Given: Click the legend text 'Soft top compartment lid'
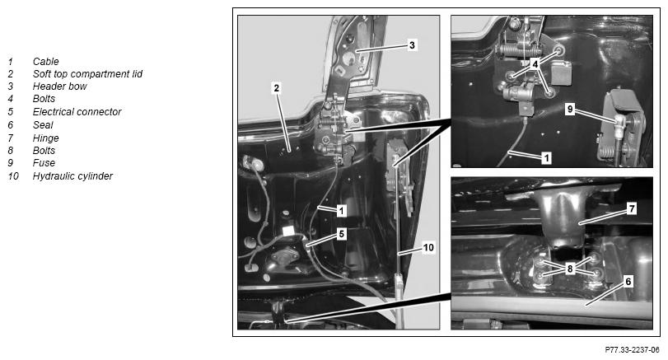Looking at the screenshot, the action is (87, 74).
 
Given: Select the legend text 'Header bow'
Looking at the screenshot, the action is (59, 86).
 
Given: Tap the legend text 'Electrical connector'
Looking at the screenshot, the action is (77, 112).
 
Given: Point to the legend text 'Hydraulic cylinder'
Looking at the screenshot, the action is (72, 176).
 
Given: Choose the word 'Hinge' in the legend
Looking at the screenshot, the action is (45, 138).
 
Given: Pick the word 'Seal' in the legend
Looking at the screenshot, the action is (43, 125).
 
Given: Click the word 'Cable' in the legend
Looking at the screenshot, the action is (45, 62).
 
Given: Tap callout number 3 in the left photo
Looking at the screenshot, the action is (412, 45).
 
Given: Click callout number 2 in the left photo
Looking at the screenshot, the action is (277, 88).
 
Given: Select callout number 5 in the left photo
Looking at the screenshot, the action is (341, 234).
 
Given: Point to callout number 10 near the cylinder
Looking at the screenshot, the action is (428, 247).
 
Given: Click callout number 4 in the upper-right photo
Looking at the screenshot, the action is (535, 64).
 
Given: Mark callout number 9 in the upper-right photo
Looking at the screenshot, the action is (570, 110).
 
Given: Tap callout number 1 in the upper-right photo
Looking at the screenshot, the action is (546, 158).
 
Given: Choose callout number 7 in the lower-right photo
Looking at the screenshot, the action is (632, 208).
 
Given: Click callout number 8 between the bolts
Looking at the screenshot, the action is (570, 269).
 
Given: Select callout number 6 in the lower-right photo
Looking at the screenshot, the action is (628, 282).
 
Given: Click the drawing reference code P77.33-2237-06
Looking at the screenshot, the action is (632, 350).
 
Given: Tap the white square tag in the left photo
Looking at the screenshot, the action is (289, 231).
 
